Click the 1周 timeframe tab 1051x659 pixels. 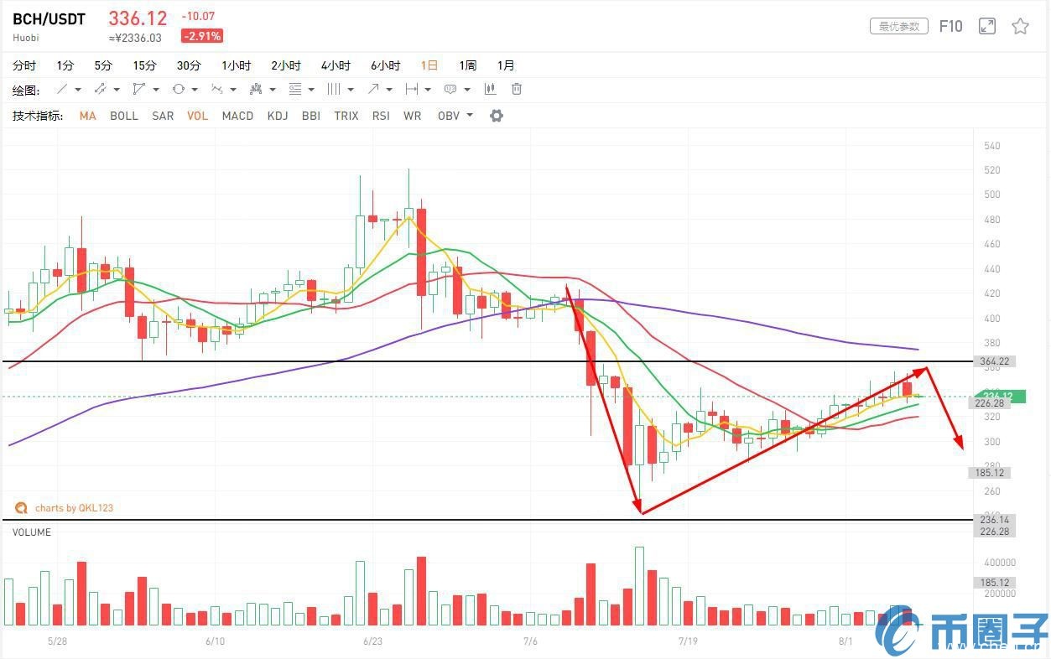pyautogui.click(x=467, y=65)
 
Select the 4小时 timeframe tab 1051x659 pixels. pyautogui.click(x=336, y=65)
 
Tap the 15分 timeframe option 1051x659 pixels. pyautogui.click(x=144, y=65)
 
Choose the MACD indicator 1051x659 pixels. pyautogui.click(x=237, y=116)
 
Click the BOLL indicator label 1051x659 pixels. pyautogui.click(x=124, y=116)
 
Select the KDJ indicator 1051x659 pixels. pyautogui.click(x=278, y=116)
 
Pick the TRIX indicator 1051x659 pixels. pyautogui.click(x=346, y=116)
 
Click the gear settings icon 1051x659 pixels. pyautogui.click(x=497, y=116)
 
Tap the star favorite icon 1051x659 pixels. pyautogui.click(x=1020, y=26)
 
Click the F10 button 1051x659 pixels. pyautogui.click(x=950, y=26)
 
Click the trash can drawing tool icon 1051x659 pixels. pyautogui.click(x=517, y=89)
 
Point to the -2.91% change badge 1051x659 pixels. pyautogui.click(x=202, y=36)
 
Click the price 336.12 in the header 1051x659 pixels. pyautogui.click(x=138, y=18)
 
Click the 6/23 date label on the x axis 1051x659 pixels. pyautogui.click(x=373, y=641)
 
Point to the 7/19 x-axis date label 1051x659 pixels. pyautogui.click(x=688, y=641)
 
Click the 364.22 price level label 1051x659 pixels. pyautogui.click(x=992, y=361)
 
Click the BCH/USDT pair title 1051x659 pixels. pyautogui.click(x=49, y=19)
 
